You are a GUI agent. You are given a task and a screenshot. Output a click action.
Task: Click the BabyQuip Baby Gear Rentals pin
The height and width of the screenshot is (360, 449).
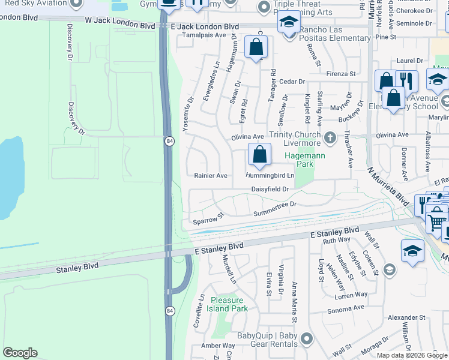307,340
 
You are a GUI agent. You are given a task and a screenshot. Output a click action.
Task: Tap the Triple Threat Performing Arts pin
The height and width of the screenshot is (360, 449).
263,8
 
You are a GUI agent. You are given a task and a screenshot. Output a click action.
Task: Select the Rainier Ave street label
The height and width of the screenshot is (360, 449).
210,176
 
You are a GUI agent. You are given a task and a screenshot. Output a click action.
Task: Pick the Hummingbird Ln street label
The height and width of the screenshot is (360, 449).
270,176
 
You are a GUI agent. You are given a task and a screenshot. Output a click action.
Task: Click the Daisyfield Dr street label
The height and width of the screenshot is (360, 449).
270,189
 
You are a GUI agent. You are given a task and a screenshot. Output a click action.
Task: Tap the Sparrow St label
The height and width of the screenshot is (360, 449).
208,218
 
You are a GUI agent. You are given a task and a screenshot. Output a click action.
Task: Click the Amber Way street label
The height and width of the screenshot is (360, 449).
218,346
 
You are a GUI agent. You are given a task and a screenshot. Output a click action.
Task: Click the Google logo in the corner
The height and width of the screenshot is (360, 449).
20,353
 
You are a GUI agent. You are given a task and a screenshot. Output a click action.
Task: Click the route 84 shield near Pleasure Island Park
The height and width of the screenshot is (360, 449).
170,311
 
